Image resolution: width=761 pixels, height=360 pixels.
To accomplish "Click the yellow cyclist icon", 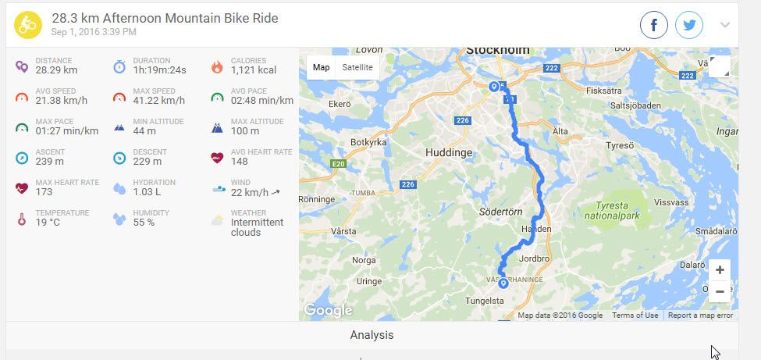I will pos(28,25).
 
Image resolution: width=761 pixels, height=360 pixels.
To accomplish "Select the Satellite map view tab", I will pos(357,67).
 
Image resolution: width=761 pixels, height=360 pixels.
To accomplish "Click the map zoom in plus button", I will pos(720,270).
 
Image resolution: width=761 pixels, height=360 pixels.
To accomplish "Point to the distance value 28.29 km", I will pos(56,70).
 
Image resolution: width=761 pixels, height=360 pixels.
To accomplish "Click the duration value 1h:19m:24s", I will pos(159,70).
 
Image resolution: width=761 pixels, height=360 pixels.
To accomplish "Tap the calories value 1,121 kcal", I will pos(254,70).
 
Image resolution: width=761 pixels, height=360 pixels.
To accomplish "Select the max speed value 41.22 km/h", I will pos(159,101).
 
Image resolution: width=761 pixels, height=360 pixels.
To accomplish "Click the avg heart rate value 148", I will pos(240,162).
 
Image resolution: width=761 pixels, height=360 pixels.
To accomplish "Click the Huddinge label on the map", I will pos(450,153).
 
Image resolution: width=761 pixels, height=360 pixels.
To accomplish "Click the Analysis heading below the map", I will pos(372,335).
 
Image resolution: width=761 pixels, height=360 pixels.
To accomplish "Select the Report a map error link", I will pos(700,315).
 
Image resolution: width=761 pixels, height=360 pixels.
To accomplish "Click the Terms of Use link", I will pos(635,315).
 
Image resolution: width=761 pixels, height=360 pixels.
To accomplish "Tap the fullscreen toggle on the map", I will pos(720,67).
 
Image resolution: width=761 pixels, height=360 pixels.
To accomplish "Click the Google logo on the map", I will pos(328,310).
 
